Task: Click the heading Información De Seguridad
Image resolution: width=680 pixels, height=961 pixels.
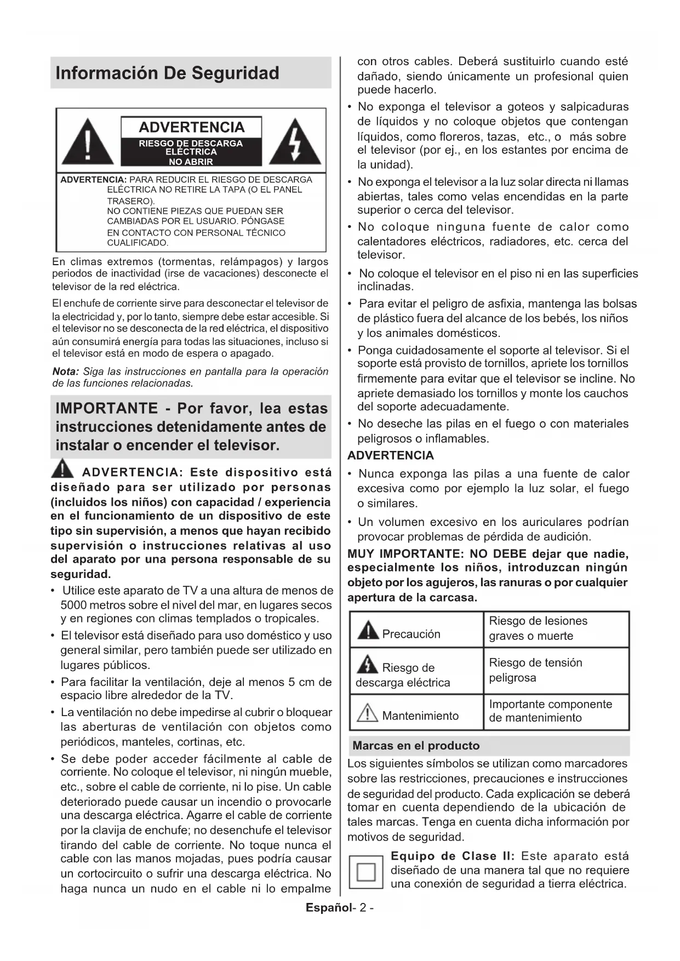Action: point(167,73)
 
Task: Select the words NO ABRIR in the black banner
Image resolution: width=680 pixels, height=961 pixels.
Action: point(191,162)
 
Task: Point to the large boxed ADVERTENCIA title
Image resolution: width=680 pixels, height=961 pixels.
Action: point(191,127)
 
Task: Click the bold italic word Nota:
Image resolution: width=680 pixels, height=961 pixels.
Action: point(66,371)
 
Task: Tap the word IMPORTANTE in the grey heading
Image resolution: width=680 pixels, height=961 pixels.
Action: point(107,408)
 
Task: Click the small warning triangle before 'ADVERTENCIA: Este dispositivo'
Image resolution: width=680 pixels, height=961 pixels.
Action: point(63,470)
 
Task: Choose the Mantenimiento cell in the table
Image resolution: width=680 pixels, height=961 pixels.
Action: point(420,716)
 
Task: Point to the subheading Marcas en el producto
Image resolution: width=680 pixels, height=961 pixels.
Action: point(416,746)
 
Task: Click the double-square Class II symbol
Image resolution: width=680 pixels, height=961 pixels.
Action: point(366,872)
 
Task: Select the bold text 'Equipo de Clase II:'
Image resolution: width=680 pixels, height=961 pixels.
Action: point(453,856)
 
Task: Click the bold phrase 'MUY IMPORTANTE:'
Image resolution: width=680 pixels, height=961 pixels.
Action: point(406,553)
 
